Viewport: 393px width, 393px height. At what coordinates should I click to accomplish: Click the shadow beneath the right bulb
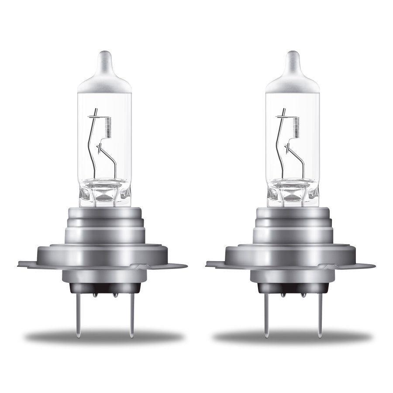pyautogui.click(x=292, y=337)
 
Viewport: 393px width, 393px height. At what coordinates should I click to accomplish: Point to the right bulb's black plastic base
pyautogui.click(x=292, y=289)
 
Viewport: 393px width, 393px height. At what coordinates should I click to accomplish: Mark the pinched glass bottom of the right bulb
pyautogui.click(x=292, y=194)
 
